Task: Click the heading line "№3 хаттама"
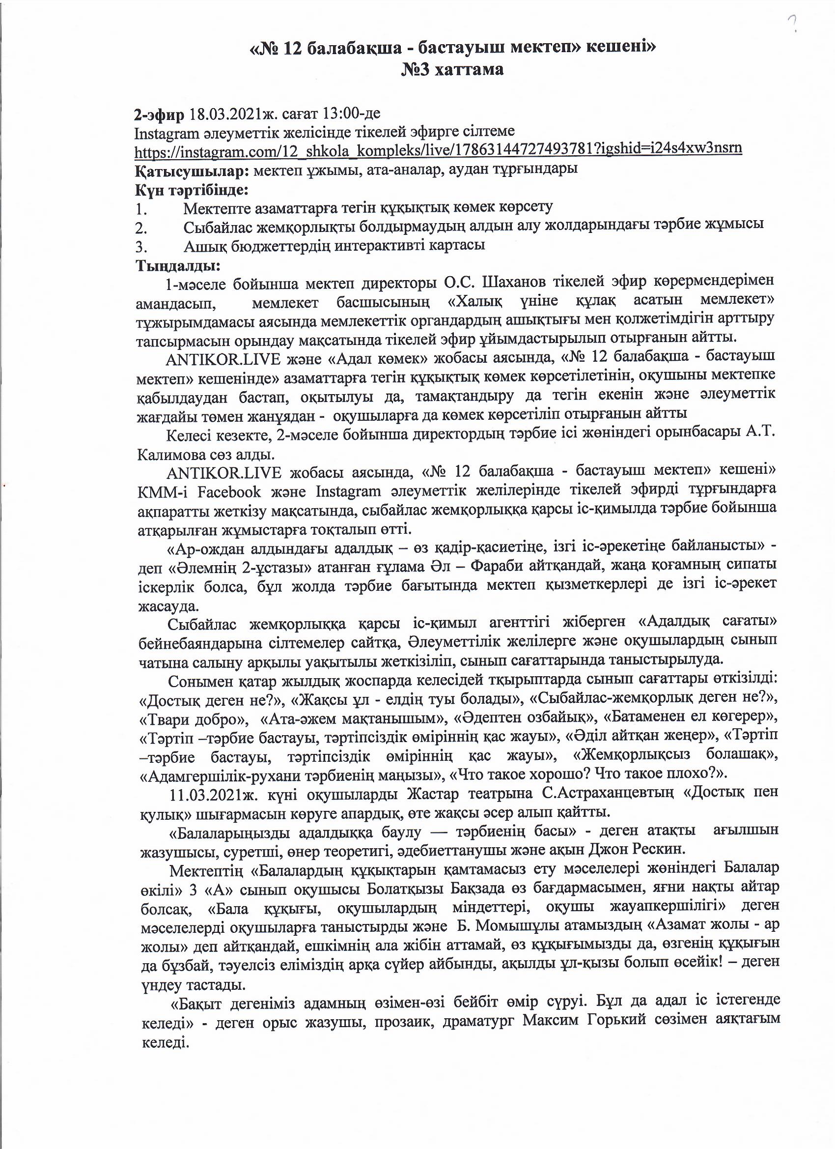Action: [x=452, y=69]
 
